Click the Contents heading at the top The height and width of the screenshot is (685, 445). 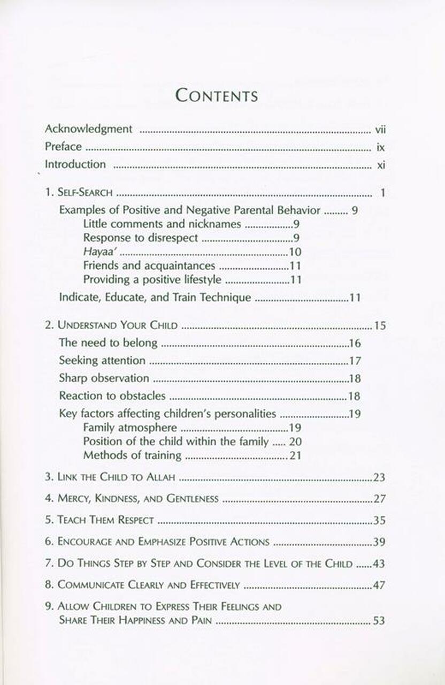click(217, 95)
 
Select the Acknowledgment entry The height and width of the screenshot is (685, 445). click(88, 129)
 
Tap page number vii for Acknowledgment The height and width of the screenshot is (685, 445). click(380, 130)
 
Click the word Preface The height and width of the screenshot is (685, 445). click(63, 147)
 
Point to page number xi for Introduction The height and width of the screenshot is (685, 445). click(381, 165)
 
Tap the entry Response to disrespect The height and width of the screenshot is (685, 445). click(141, 238)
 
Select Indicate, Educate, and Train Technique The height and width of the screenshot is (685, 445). click(155, 298)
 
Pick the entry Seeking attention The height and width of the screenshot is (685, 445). click(102, 361)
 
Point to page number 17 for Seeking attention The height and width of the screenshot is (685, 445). click(355, 361)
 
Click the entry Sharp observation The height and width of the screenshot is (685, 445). click(104, 378)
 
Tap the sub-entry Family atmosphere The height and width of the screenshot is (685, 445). click(130, 428)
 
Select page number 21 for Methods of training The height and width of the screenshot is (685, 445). click(295, 456)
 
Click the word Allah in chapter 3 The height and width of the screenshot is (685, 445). click(160, 477)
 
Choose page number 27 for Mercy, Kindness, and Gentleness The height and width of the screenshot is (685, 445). click(379, 499)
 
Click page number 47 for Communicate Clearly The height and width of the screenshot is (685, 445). click(379, 585)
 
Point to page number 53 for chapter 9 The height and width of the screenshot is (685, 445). click(379, 621)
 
